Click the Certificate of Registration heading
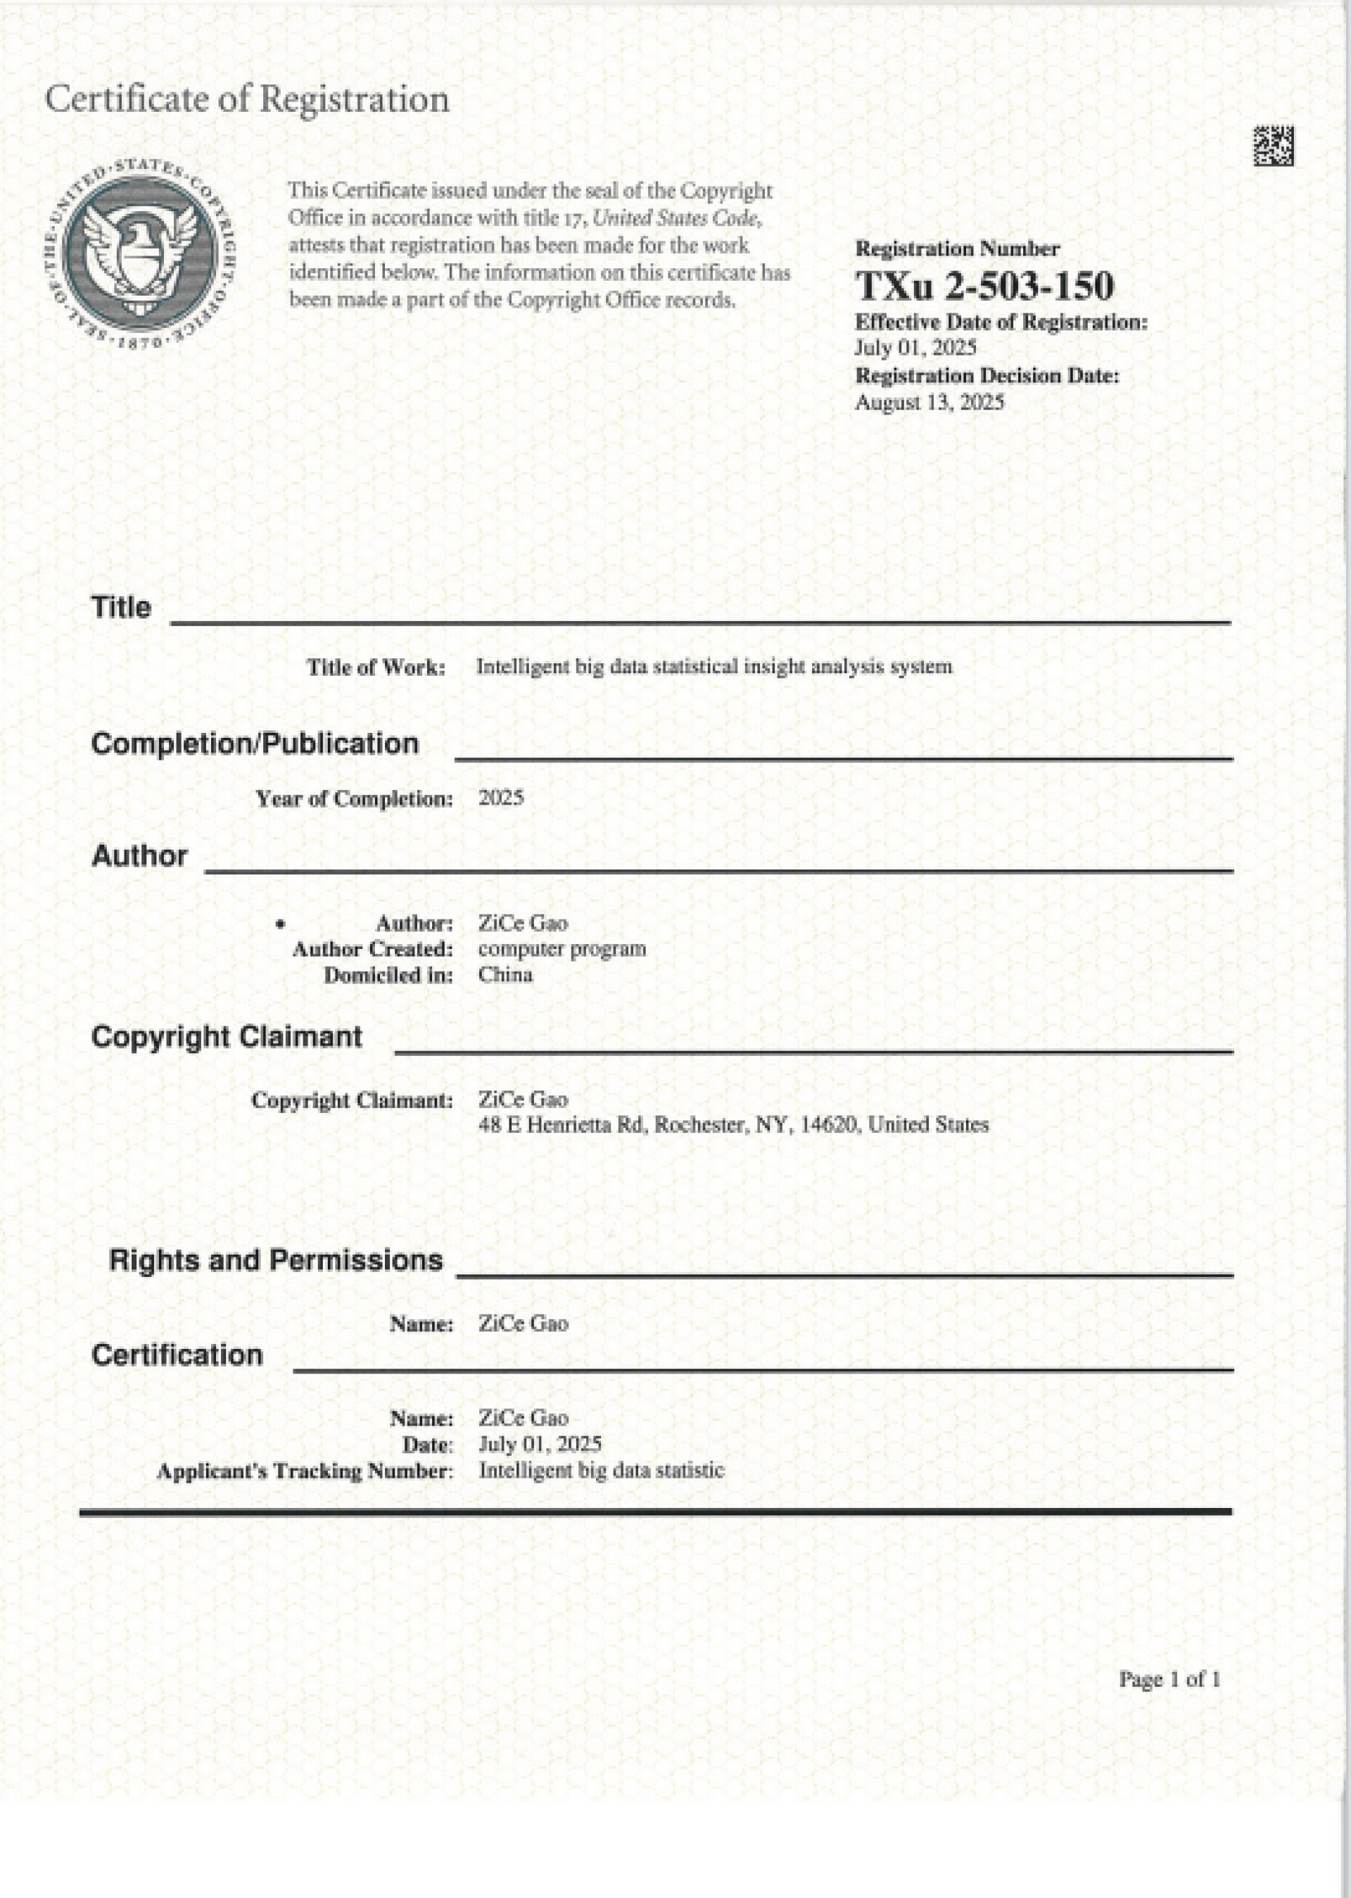pyautogui.click(x=247, y=99)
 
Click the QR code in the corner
pyautogui.click(x=1273, y=146)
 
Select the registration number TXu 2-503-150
pyautogui.click(x=984, y=285)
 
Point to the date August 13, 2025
pyautogui.click(x=930, y=403)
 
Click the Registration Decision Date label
pyautogui.click(x=987, y=376)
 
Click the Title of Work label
pyautogui.click(x=376, y=667)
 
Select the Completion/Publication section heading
pyautogui.click(x=255, y=743)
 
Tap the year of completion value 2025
pyautogui.click(x=501, y=798)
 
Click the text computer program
pyautogui.click(x=562, y=948)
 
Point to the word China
pyautogui.click(x=505, y=974)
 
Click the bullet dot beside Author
pyautogui.click(x=281, y=924)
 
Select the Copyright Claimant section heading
pyautogui.click(x=227, y=1036)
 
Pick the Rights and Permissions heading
pyautogui.click(x=275, y=1259)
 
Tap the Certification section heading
pyautogui.click(x=177, y=1355)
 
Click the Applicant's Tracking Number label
pyautogui.click(x=305, y=1471)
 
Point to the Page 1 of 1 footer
pyautogui.click(x=1169, y=1679)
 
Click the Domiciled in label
pyautogui.click(x=388, y=975)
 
